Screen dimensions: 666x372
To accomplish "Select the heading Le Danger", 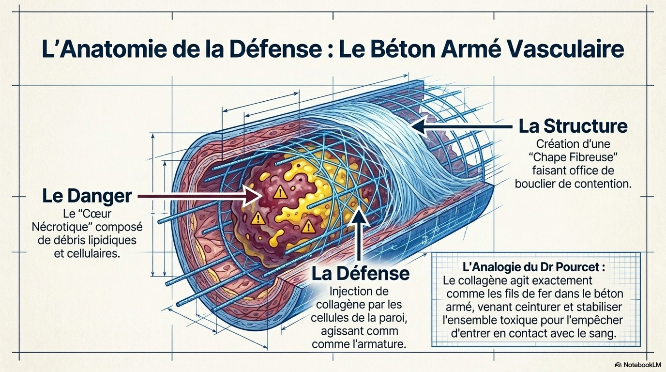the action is click(87, 196).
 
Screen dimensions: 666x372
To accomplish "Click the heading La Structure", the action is click(573, 126).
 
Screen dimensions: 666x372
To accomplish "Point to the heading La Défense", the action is click(361, 274).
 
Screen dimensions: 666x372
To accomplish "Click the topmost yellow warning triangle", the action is click(280, 193).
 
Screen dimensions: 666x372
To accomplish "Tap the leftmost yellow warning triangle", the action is click(258, 219).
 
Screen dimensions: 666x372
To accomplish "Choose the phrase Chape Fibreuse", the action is click(573, 157).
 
